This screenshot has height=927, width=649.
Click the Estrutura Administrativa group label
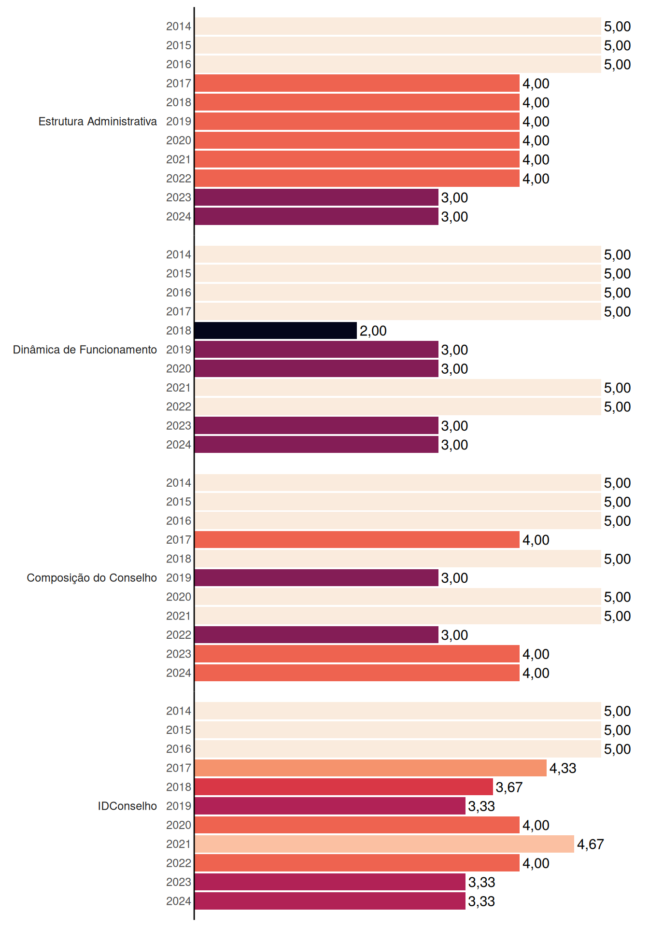98,121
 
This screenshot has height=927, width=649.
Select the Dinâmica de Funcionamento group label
85,350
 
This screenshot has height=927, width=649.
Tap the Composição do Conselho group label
92,578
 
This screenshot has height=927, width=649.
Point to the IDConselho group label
127,806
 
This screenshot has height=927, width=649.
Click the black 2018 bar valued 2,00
276,331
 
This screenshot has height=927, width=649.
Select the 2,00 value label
373,331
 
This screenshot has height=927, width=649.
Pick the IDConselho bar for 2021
384,844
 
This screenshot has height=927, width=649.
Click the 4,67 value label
591,844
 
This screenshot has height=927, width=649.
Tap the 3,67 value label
509,787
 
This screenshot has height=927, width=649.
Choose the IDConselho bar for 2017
371,768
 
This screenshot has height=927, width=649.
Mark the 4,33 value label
563,768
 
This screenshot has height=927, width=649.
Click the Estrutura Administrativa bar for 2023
316,197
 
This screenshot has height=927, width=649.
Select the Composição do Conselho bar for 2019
316,578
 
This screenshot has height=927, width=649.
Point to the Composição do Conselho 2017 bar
357,540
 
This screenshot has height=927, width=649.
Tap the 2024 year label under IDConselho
179,901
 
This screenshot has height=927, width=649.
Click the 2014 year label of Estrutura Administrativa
179,26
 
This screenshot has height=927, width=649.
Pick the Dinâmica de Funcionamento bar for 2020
316,368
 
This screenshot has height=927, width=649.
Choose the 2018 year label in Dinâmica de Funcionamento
179,331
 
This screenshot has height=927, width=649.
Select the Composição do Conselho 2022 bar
316,635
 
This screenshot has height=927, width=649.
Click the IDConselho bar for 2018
344,787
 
